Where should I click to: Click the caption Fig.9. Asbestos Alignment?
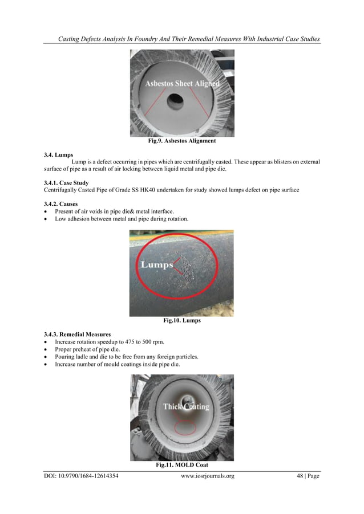181,140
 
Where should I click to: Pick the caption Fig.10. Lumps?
181,321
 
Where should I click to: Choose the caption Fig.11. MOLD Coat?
181,466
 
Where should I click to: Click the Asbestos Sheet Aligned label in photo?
182,84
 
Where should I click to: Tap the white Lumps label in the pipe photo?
156,265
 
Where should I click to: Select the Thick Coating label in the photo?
187,406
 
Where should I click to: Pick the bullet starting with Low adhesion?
125,219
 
